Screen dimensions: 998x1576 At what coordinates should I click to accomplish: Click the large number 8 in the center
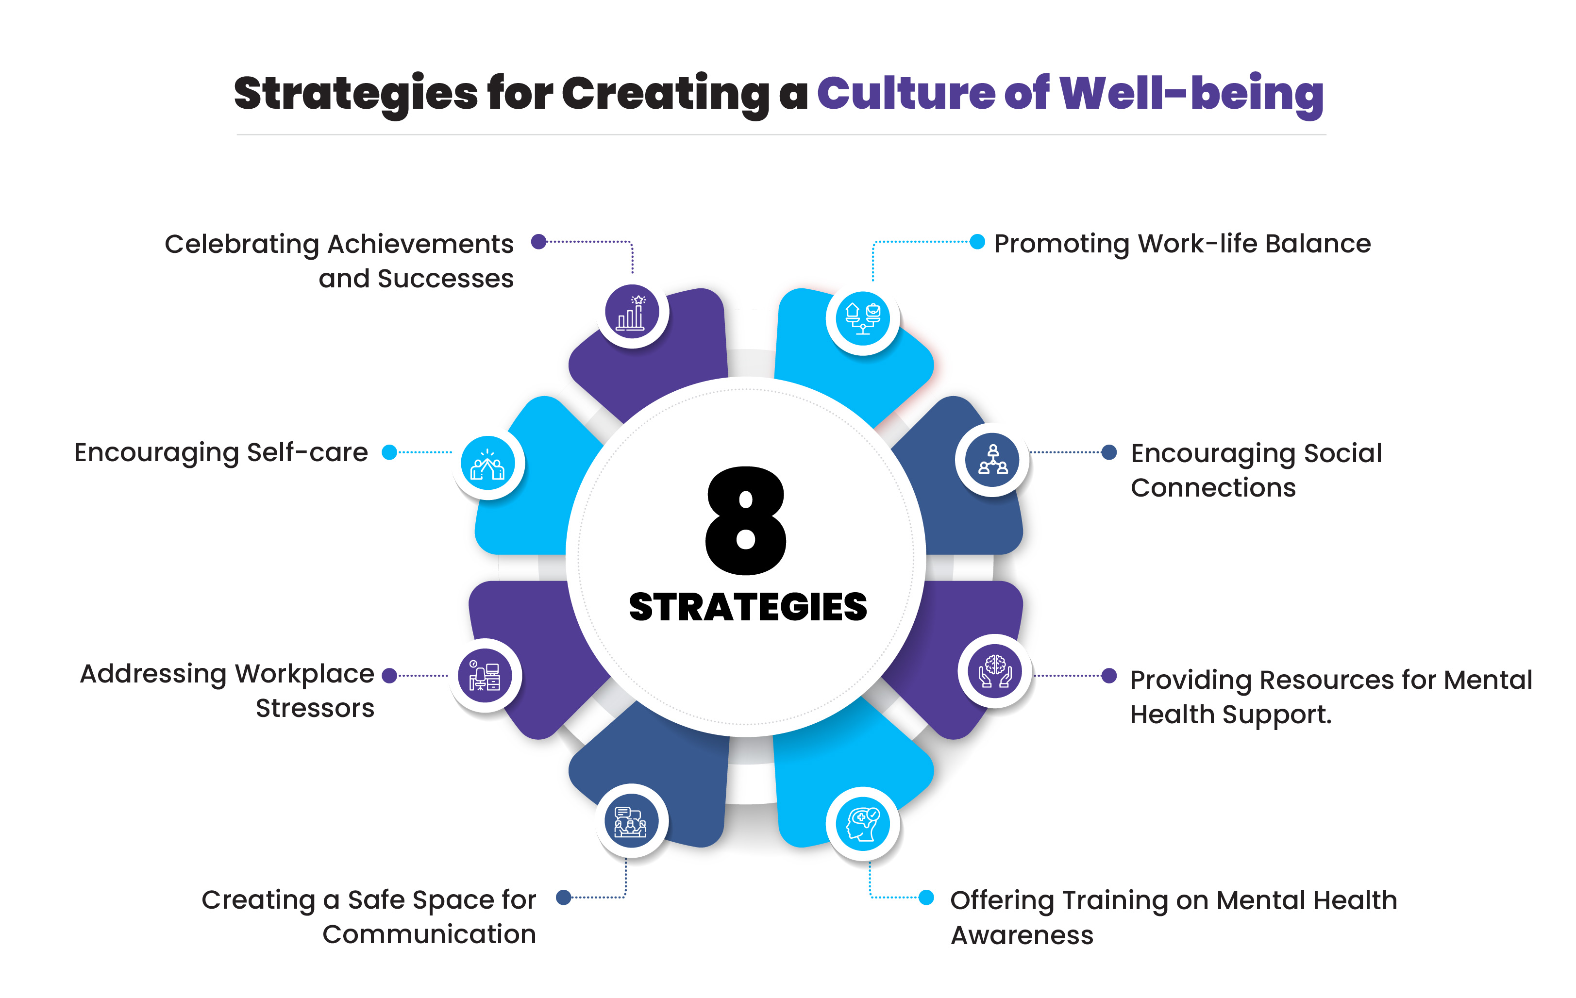(746, 520)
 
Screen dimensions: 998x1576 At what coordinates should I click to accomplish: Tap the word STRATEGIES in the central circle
(747, 607)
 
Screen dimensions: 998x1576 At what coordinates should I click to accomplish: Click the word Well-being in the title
(1191, 94)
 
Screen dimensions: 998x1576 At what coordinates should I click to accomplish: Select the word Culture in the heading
(906, 94)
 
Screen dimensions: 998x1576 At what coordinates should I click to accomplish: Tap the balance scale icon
(863, 319)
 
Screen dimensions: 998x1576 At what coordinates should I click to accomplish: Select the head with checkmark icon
(863, 823)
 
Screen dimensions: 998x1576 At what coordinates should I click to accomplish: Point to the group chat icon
(630, 821)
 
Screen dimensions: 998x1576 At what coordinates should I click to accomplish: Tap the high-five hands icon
(487, 464)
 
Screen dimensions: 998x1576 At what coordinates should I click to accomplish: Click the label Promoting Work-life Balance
(1182, 244)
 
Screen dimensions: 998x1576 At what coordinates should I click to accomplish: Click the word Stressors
(315, 708)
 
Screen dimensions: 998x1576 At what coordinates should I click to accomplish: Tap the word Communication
(429, 934)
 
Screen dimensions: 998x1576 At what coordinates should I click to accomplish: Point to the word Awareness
(1022, 935)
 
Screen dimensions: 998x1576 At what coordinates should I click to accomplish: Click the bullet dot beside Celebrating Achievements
(538, 241)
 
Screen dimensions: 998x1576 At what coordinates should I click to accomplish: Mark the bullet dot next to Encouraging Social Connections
(1109, 452)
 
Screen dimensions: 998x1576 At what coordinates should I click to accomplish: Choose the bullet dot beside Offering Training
(926, 897)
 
